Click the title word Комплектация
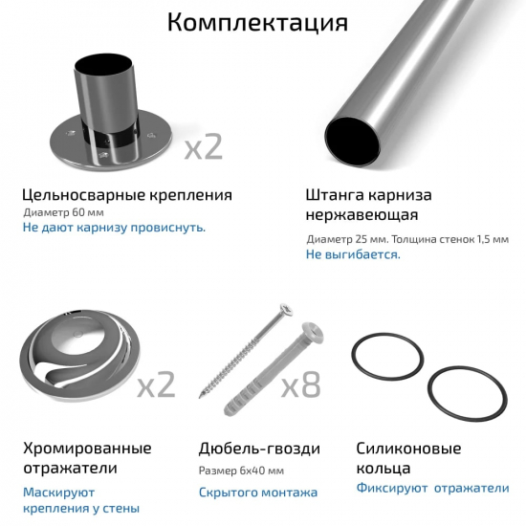click(x=257, y=23)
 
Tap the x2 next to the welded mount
click(x=203, y=146)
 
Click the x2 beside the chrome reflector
click(x=156, y=384)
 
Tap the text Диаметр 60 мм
click(x=62, y=212)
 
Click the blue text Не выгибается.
click(x=353, y=255)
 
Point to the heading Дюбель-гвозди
click(x=259, y=449)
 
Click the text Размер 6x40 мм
click(x=242, y=471)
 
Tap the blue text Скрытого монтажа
click(x=257, y=493)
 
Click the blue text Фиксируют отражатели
click(x=432, y=488)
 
